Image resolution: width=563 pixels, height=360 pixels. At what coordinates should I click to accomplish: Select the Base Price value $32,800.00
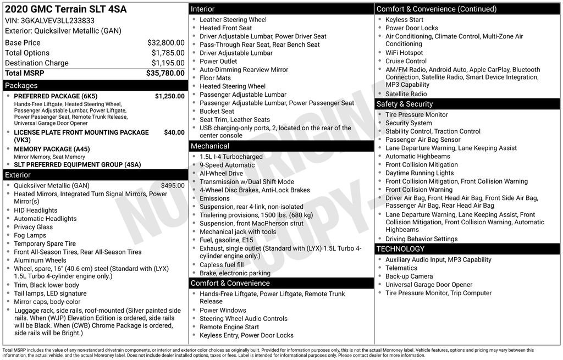coord(165,42)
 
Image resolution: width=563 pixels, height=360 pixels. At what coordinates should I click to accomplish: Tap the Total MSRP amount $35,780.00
coord(165,73)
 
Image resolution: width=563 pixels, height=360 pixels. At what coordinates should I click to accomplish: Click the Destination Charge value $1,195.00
coord(168,63)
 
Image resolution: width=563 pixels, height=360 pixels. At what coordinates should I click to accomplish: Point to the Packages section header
coord(21,86)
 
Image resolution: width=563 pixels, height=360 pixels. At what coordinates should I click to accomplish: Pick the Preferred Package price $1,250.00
coord(169,96)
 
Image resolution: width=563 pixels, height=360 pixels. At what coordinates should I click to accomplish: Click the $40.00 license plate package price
coord(174,132)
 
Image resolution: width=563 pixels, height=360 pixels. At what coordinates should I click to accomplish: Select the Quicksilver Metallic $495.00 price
coord(173,186)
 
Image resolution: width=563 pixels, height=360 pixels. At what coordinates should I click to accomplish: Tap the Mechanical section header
coord(209,146)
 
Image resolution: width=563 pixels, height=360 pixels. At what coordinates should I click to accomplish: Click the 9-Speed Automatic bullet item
coord(227,165)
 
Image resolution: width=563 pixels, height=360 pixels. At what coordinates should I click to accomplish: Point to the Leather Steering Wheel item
coord(233,20)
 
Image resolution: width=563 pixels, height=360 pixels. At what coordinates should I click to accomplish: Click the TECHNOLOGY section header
coord(407,249)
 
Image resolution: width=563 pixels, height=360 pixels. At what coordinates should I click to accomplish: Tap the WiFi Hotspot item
coord(404,53)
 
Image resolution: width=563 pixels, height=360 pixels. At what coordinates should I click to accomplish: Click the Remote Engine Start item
coord(229,327)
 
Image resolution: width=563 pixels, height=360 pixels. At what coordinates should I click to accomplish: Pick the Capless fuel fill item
coord(222,265)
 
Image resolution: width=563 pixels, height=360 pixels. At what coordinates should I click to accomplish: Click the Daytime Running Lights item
coord(420,173)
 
